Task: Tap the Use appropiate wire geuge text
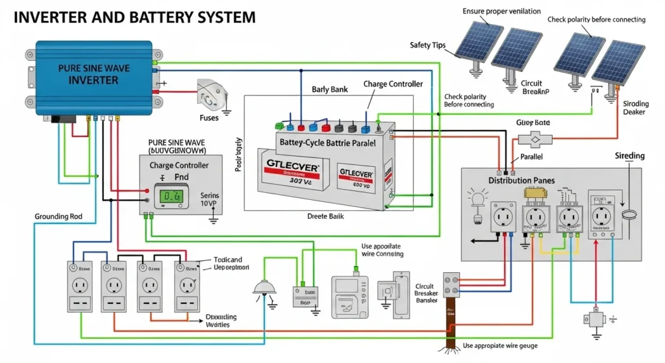(x=500, y=345)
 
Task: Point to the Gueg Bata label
(x=533, y=122)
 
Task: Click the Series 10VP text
(x=210, y=200)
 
